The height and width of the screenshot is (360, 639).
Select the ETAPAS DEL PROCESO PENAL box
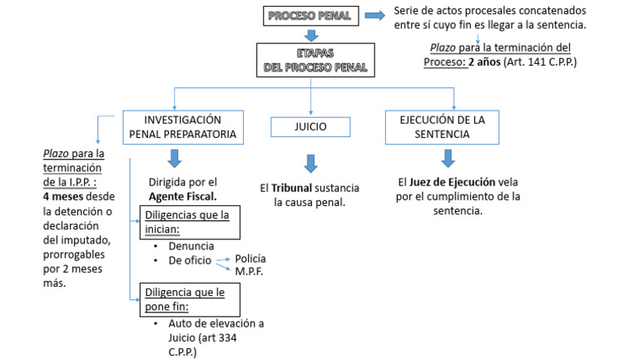(x=311, y=60)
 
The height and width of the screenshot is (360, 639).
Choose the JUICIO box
(x=310, y=126)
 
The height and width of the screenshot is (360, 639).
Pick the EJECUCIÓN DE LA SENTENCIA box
(x=453, y=126)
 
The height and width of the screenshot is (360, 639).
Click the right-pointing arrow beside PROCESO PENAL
(x=374, y=16)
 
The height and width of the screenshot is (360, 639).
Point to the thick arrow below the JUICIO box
(x=311, y=162)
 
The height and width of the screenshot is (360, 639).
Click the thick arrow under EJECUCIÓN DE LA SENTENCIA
(x=448, y=158)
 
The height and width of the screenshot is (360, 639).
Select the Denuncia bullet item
(x=191, y=246)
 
